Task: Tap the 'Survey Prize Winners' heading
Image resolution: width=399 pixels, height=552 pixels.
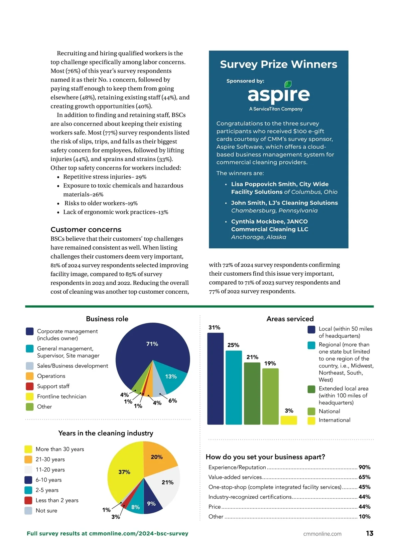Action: pyautogui.click(x=278, y=64)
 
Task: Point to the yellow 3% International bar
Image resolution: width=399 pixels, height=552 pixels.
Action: pyautogui.click(x=289, y=420)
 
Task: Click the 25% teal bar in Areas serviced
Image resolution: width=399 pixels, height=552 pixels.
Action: pyautogui.click(x=233, y=388)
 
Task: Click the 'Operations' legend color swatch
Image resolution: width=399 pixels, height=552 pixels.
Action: pyautogui.click(x=30, y=376)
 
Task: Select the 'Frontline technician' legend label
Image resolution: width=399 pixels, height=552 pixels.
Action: pyautogui.click(x=62, y=396)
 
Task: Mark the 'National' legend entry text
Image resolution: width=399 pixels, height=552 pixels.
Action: pyautogui.click(x=329, y=411)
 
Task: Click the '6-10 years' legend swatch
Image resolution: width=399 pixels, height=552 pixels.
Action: pyautogui.click(x=28, y=480)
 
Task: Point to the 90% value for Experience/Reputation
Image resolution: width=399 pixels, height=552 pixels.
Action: pyautogui.click(x=364, y=467)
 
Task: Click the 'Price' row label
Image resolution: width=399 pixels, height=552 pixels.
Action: pyautogui.click(x=214, y=507)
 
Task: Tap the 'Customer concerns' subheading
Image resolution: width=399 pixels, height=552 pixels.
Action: pyautogui.click(x=86, y=229)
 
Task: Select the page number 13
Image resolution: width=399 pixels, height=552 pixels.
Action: pyautogui.click(x=369, y=533)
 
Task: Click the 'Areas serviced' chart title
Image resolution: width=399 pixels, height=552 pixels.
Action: pyautogui.click(x=290, y=319)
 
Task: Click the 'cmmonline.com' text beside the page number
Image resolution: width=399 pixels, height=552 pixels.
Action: pyautogui.click(x=322, y=534)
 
